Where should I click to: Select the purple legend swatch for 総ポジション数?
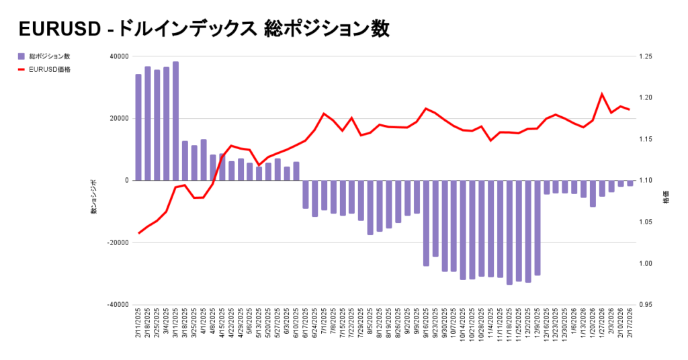point(21,56)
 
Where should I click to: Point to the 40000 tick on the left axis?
point(119,56)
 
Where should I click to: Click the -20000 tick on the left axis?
point(118,242)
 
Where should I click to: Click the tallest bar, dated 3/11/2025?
point(175,121)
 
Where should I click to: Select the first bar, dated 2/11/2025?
point(138,127)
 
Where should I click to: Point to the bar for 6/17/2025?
point(306,194)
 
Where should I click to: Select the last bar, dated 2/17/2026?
point(630,183)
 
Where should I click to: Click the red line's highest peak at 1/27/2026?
point(602,94)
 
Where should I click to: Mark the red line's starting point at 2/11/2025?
point(138,233)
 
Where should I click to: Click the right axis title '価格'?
point(666,199)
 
